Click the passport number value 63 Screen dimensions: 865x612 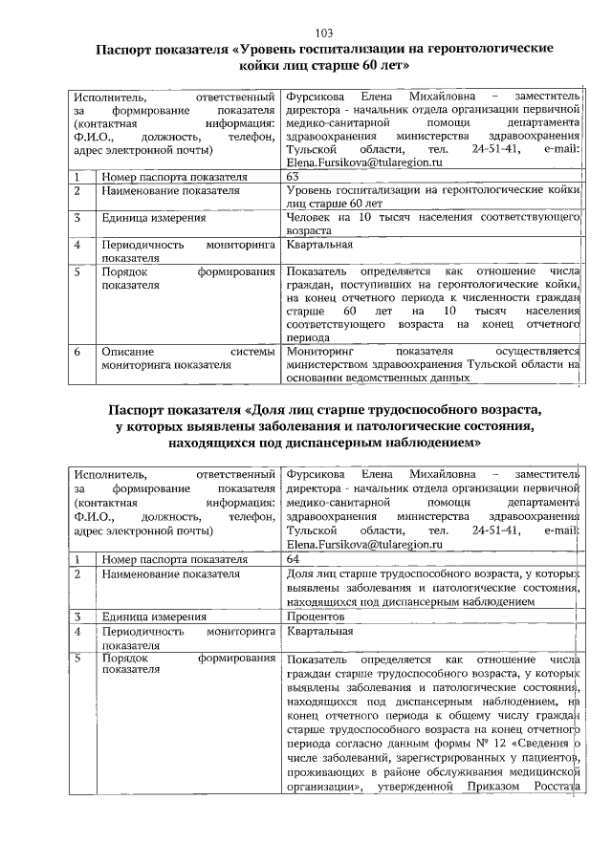click(x=293, y=178)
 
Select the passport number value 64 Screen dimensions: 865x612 click(x=293, y=559)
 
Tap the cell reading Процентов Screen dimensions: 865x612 click(x=317, y=617)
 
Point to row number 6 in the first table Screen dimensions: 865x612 click(x=77, y=352)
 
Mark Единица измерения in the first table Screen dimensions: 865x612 click(x=154, y=218)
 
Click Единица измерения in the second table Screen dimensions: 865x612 click(x=154, y=617)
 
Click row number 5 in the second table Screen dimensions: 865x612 click(x=77, y=660)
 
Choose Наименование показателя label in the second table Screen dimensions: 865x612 click(x=170, y=574)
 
